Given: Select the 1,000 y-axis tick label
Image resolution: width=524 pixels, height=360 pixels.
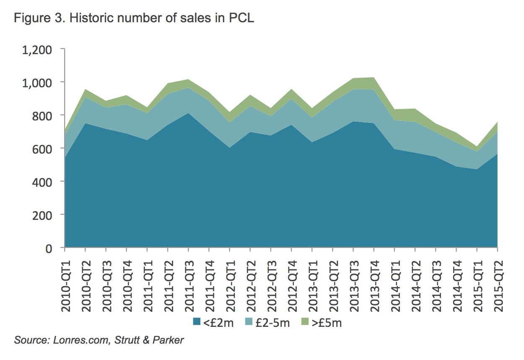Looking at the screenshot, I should click(37, 82).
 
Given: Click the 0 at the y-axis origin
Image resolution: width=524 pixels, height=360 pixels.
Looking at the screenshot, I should click(49, 248).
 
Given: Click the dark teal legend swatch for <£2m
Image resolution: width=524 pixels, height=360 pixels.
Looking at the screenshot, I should click(197, 322).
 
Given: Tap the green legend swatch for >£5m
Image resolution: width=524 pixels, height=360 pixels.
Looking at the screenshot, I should click(305, 322).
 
